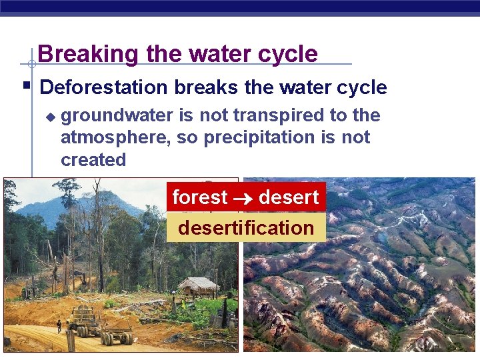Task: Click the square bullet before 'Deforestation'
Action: click(x=26, y=86)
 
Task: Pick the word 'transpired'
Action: click(x=264, y=116)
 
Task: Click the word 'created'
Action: click(x=93, y=160)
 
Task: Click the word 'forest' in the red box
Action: click(x=200, y=197)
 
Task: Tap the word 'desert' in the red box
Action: click(x=289, y=197)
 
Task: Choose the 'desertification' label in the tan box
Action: click(x=246, y=228)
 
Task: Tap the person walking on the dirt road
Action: click(x=59, y=327)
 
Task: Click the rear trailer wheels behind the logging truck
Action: click(x=124, y=337)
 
